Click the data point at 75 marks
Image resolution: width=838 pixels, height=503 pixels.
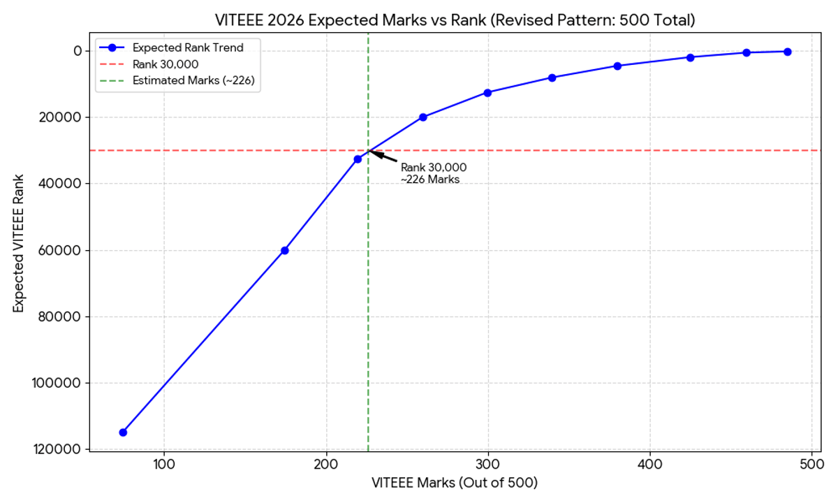pos(123,432)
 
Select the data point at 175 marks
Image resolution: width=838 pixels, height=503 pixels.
pos(285,250)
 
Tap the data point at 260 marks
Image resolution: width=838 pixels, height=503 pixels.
pos(422,117)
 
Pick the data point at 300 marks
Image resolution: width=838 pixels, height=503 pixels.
pos(487,92)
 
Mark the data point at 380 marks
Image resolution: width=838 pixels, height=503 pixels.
pos(617,66)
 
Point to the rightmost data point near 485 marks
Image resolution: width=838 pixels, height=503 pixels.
pos(787,52)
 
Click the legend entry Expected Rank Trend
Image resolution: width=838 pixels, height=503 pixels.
pos(188,48)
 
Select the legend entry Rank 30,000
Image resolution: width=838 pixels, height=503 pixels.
pos(170,64)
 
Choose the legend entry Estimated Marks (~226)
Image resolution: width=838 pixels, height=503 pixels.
pos(193,81)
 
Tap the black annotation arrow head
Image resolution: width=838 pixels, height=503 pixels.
pos(371,152)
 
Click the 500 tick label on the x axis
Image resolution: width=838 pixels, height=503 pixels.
pos(811,463)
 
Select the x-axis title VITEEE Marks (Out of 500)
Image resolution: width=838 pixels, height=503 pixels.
pos(455,483)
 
